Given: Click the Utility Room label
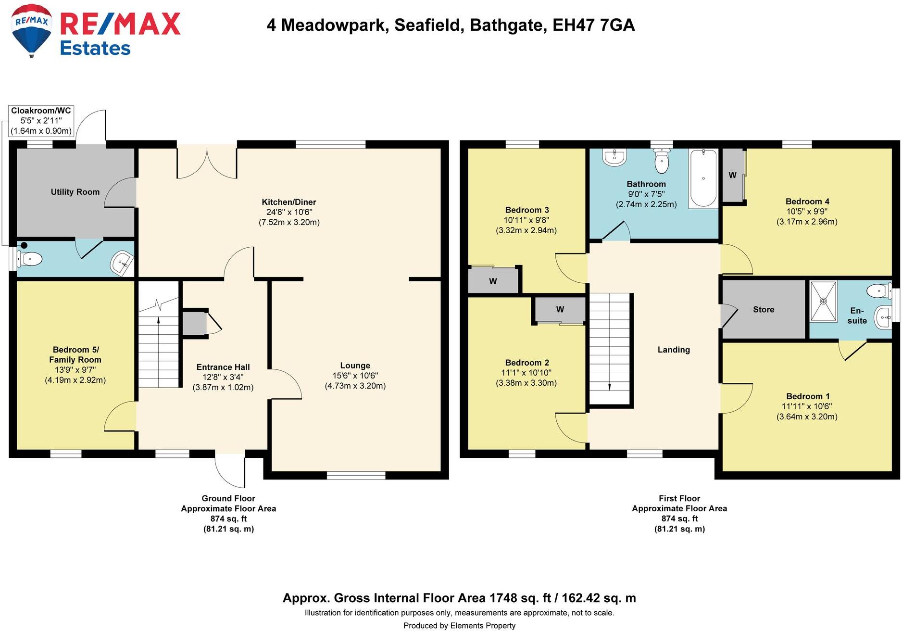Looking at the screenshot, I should [75, 192].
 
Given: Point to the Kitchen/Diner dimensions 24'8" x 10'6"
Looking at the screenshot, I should [289, 212].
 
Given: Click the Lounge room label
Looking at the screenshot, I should [355, 366].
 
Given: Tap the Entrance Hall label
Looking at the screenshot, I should [223, 367].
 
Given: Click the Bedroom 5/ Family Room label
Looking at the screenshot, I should [75, 354].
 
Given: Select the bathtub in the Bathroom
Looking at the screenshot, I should [703, 178].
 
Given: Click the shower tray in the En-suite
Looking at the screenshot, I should [823, 301].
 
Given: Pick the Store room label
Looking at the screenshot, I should [764, 310].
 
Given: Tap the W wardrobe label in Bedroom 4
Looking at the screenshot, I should [732, 176].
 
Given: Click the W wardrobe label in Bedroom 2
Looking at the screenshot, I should [560, 310].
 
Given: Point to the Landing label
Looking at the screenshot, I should [674, 350].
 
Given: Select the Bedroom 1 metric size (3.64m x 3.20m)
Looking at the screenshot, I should [807, 416].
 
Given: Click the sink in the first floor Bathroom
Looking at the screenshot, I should [614, 157].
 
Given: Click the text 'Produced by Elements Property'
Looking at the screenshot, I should [459, 625].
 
